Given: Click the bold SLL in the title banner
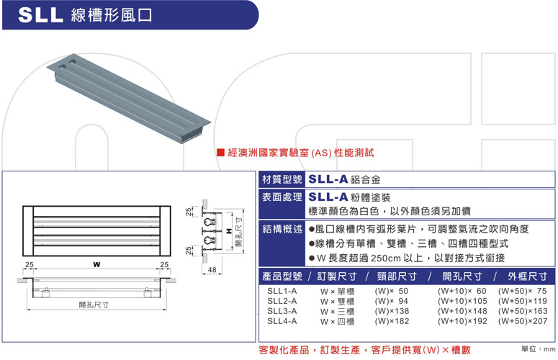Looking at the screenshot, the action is [40, 15].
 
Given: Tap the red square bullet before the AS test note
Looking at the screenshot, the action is [220, 153].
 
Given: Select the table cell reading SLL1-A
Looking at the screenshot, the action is [282, 291].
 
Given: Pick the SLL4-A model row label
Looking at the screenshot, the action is [282, 321].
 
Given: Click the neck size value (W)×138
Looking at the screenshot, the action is [392, 311].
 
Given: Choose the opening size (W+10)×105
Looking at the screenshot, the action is [462, 301].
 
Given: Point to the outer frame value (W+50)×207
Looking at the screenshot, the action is [523, 321].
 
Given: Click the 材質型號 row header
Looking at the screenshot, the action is [282, 179].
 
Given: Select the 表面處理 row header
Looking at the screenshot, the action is [282, 197].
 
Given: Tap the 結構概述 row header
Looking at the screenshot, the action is [282, 229].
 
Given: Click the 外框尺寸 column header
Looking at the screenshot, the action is [527, 276].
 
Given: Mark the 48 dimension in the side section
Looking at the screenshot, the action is [212, 270].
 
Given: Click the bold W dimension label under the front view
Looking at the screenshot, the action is [96, 264].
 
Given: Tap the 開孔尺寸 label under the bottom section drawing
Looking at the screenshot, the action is [94, 305].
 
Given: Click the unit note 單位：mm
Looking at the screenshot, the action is [538, 349].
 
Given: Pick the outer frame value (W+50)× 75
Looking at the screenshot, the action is [523, 291].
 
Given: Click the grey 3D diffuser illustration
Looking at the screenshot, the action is [128, 98].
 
